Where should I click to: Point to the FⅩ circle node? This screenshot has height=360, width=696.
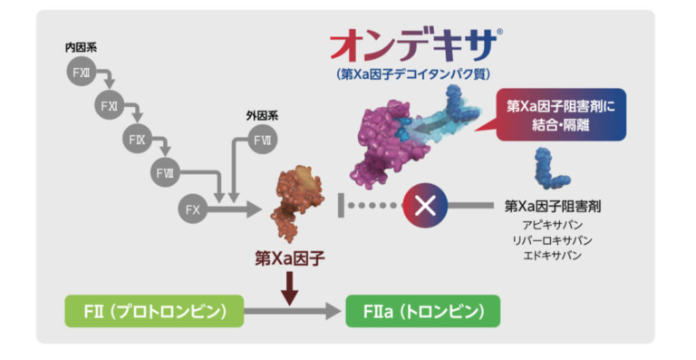[192, 208]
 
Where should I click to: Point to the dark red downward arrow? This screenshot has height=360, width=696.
[290, 287]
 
